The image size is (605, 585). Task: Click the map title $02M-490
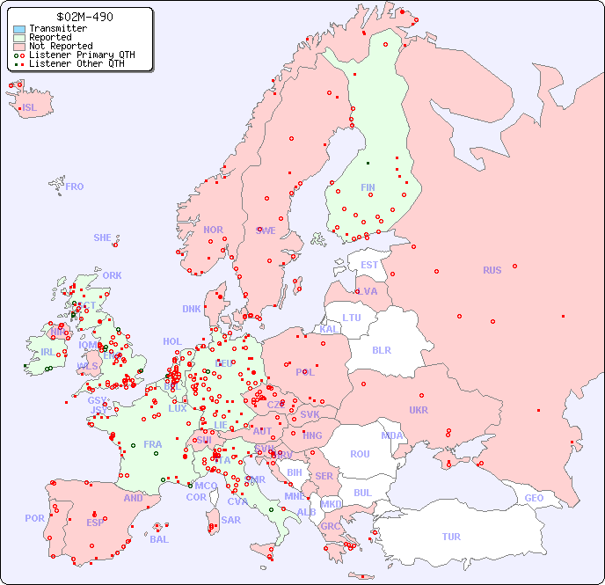pos(84,17)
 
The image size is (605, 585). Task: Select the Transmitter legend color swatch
pos(19,29)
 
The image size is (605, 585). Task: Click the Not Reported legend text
pos(61,46)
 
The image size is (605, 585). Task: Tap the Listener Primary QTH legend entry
pos(75,55)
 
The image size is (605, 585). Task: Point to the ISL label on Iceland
pos(30,108)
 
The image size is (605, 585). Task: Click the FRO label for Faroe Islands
pos(75,186)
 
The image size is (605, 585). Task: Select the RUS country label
pos(492,270)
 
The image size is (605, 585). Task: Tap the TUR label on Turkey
pos(451,537)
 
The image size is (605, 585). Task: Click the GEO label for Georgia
pos(534,498)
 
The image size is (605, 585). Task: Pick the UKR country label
pos(419,410)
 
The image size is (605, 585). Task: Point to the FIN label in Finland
pos(368,187)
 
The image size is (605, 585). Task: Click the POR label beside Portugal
pos(34,518)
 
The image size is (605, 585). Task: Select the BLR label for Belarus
pos(381,349)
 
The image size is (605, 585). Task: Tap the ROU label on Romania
pos(360,454)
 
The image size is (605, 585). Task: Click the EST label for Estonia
pos(369,265)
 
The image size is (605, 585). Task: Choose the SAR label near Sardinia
pos(230,520)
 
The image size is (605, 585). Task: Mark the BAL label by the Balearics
pos(158,539)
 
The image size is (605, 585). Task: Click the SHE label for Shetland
pos(103,238)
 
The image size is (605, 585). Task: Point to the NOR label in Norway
pos(213,230)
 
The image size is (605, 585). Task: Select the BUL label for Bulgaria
pos(362,493)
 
